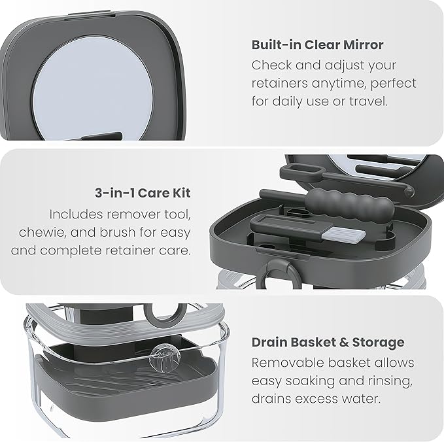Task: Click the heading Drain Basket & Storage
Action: (x=328, y=342)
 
